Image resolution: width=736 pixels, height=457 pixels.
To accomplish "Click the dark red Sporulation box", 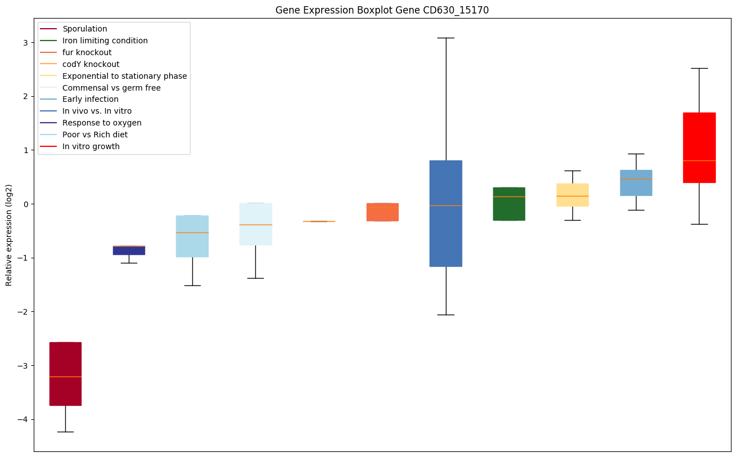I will tap(65, 374).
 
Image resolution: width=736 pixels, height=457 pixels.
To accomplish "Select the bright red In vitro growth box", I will tap(699, 147).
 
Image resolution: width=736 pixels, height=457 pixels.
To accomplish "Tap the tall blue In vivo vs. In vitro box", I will tap(446, 213).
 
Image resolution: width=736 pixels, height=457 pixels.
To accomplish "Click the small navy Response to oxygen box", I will tap(129, 250).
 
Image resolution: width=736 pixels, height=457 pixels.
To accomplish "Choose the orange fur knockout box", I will tap(382, 212).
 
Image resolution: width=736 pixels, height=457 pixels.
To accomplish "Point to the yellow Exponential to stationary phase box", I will tap(572, 195).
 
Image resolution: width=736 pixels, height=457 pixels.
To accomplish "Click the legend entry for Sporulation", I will tap(84, 29).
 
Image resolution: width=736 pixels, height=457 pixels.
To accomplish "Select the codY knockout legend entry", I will tap(91, 64).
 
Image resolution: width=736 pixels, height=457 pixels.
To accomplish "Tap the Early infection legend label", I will tap(90, 100).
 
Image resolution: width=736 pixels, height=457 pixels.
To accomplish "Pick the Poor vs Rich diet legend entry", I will tap(94, 135).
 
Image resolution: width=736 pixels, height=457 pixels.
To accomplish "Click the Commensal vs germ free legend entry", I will tap(111, 88).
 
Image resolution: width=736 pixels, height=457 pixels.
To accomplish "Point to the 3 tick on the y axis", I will tap(28, 42).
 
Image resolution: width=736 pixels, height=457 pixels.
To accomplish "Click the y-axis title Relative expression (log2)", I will tap(9, 235).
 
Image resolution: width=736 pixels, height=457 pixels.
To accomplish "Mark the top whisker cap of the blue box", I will tap(446, 38).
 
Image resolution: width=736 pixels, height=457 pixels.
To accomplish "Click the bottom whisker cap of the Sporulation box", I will tap(65, 432).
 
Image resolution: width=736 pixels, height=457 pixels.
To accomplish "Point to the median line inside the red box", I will tap(699, 160).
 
